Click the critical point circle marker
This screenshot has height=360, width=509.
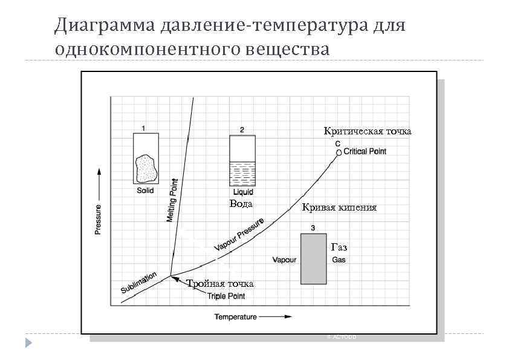[339, 153]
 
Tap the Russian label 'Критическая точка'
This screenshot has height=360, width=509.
[367, 131]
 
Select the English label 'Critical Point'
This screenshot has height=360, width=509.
[365, 151]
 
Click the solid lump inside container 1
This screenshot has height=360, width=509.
[146, 168]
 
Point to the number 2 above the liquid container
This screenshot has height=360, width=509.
[242, 129]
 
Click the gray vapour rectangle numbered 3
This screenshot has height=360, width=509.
[314, 258]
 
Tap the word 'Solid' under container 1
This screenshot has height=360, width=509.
[145, 191]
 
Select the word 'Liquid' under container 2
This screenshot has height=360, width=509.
[243, 192]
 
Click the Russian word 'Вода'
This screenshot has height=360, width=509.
[241, 204]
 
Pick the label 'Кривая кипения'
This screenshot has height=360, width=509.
[339, 208]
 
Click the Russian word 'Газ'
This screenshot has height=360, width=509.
[339, 247]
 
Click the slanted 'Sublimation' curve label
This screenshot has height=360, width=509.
[139, 282]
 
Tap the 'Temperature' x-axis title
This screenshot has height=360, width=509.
[236, 316]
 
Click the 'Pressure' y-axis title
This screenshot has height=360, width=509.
[99, 217]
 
